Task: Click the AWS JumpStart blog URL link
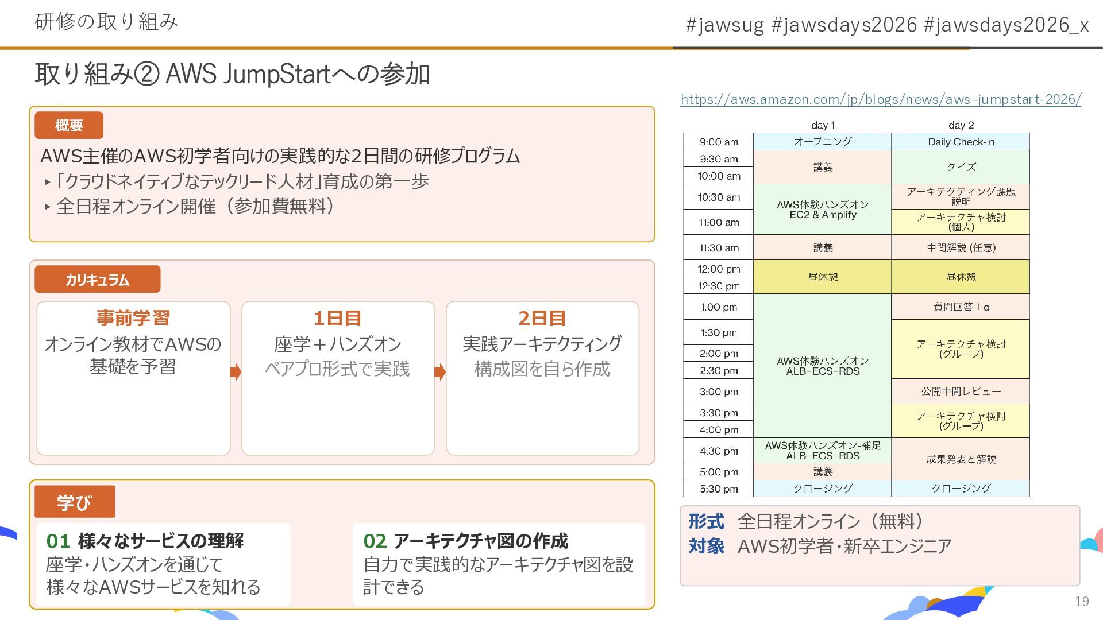click(x=881, y=99)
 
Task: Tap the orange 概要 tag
click(x=69, y=125)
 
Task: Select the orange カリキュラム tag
click(x=97, y=280)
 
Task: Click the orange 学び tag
click(x=74, y=502)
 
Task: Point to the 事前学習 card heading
click(x=133, y=317)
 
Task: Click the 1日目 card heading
click(x=338, y=317)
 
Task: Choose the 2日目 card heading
click(x=542, y=317)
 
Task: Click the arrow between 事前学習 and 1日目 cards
click(x=236, y=372)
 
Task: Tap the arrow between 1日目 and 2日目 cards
click(x=440, y=372)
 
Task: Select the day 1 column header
click(x=823, y=125)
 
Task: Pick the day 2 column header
click(x=961, y=125)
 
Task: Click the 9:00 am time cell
click(x=719, y=142)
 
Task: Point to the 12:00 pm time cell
click(x=719, y=269)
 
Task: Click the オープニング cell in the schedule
click(x=823, y=142)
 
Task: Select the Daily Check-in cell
click(x=961, y=142)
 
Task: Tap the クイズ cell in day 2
click(x=961, y=167)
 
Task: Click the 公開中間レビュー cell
click(x=961, y=392)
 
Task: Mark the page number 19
click(x=1082, y=601)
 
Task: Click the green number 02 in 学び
click(x=375, y=541)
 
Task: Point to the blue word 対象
click(x=707, y=546)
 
